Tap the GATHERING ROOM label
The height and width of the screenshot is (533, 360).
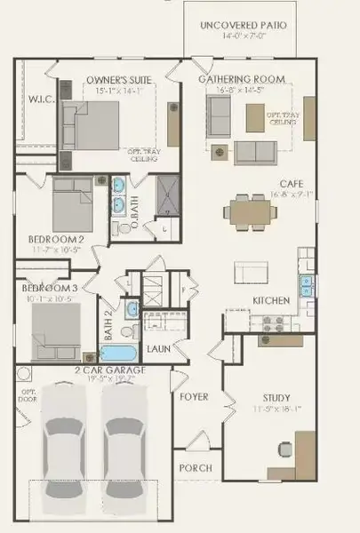[242, 80]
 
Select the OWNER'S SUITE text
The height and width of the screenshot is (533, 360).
[118, 81]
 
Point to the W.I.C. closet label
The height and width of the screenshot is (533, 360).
[42, 99]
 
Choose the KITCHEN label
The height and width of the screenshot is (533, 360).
[271, 301]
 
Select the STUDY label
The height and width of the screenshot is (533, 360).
[276, 398]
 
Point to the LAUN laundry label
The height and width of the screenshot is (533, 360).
[158, 349]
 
